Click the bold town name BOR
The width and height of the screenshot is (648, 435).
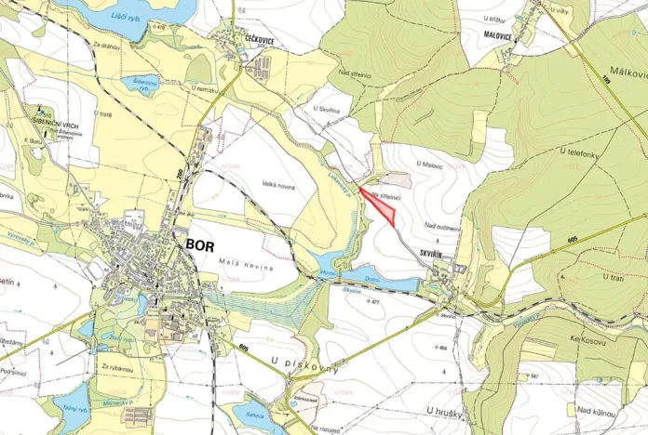[200, 244]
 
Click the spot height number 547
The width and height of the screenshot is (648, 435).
[534, 376]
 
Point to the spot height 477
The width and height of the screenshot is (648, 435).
[374, 301]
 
